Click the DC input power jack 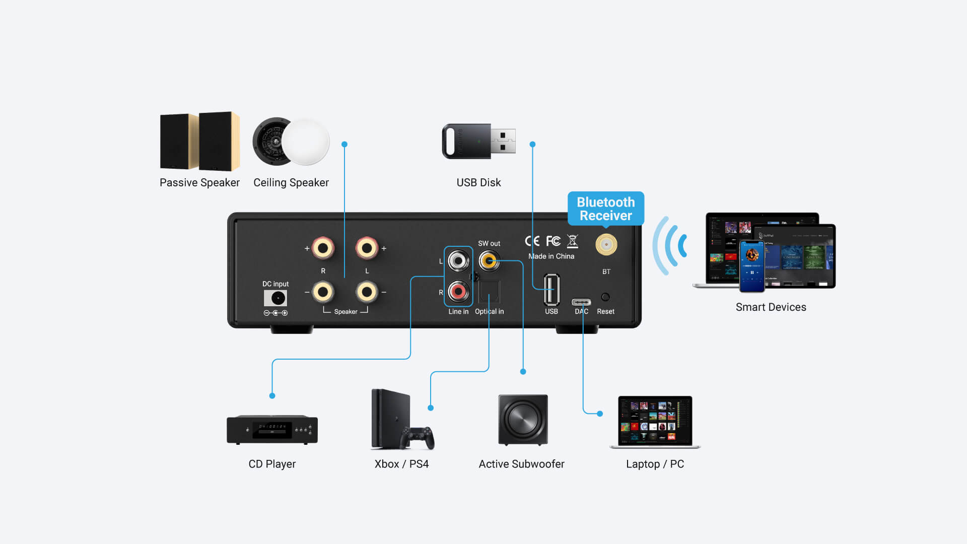click(x=278, y=298)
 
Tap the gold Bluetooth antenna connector click(x=606, y=245)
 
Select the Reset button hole click(x=605, y=297)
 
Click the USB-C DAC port click(x=581, y=302)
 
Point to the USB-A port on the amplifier click(x=551, y=289)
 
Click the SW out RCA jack click(x=489, y=261)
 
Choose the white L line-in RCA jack click(x=458, y=261)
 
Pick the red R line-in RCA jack click(x=458, y=291)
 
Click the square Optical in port click(x=489, y=292)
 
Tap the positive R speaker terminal click(x=323, y=248)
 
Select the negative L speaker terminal click(x=367, y=292)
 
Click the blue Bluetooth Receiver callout click(x=605, y=209)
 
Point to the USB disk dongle click(x=478, y=142)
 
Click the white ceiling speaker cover click(x=306, y=142)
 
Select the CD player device click(x=272, y=429)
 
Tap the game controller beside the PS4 click(x=418, y=437)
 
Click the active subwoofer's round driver click(x=523, y=419)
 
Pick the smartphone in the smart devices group click(x=751, y=266)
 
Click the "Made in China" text click(x=551, y=256)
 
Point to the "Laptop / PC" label click(x=655, y=464)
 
